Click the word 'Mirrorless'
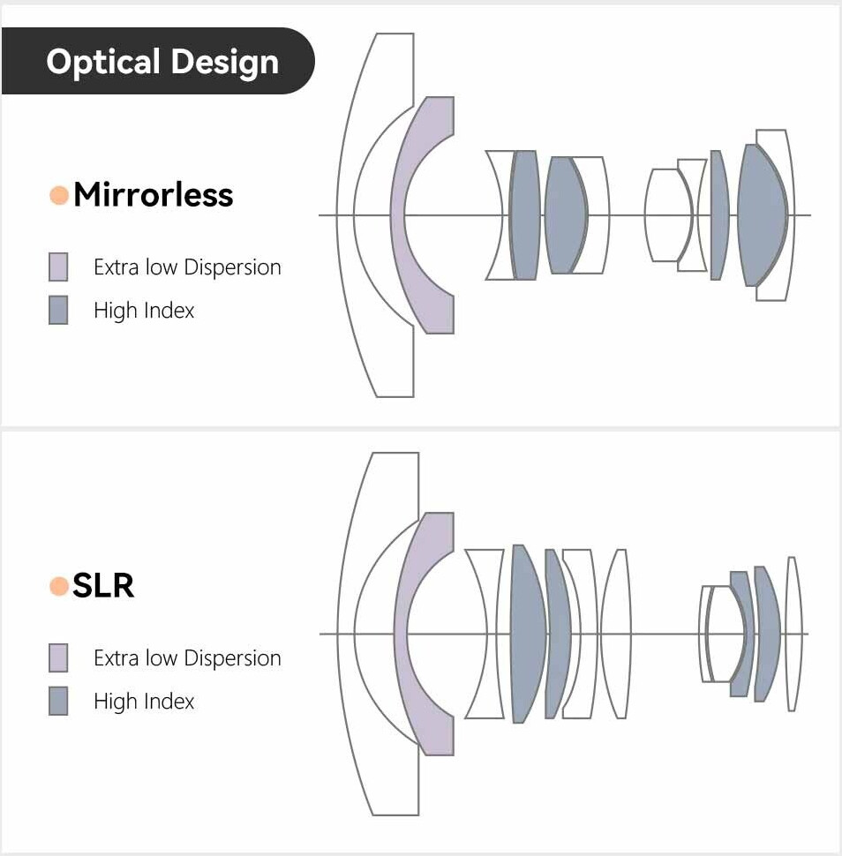(153, 195)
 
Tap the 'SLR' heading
(103, 586)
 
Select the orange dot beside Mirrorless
(59, 195)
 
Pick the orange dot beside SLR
(59, 586)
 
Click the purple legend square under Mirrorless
(58, 267)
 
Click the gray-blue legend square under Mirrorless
(58, 311)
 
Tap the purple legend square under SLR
(58, 658)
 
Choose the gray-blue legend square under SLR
(58, 702)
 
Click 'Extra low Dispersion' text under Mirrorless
(187, 267)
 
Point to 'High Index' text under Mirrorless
(144, 311)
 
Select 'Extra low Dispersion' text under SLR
(187, 658)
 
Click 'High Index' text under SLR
(144, 702)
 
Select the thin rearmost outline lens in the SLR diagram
(792, 633)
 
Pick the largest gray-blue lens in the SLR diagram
(527, 633)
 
